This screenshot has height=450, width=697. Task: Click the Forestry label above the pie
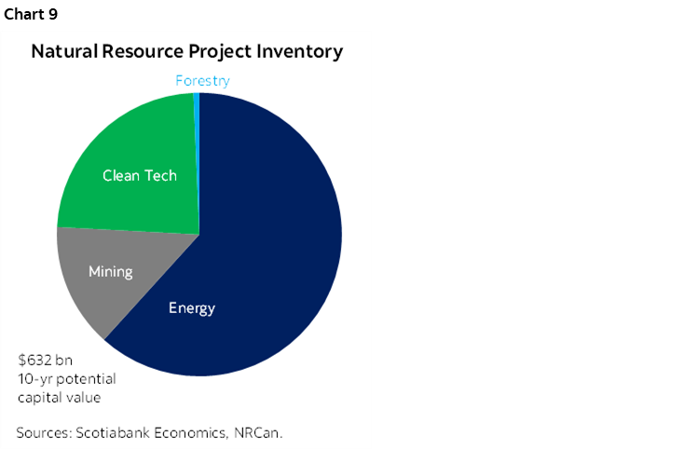tap(202, 81)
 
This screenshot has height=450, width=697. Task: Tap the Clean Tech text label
tap(139, 175)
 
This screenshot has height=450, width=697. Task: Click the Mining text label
tap(110, 272)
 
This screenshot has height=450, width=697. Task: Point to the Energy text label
tap(191, 308)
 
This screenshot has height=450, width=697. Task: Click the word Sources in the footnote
tap(44, 433)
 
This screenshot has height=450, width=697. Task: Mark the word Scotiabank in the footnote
tap(116, 433)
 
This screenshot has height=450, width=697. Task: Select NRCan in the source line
tap(259, 433)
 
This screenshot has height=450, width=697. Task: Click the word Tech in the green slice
tap(159, 175)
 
